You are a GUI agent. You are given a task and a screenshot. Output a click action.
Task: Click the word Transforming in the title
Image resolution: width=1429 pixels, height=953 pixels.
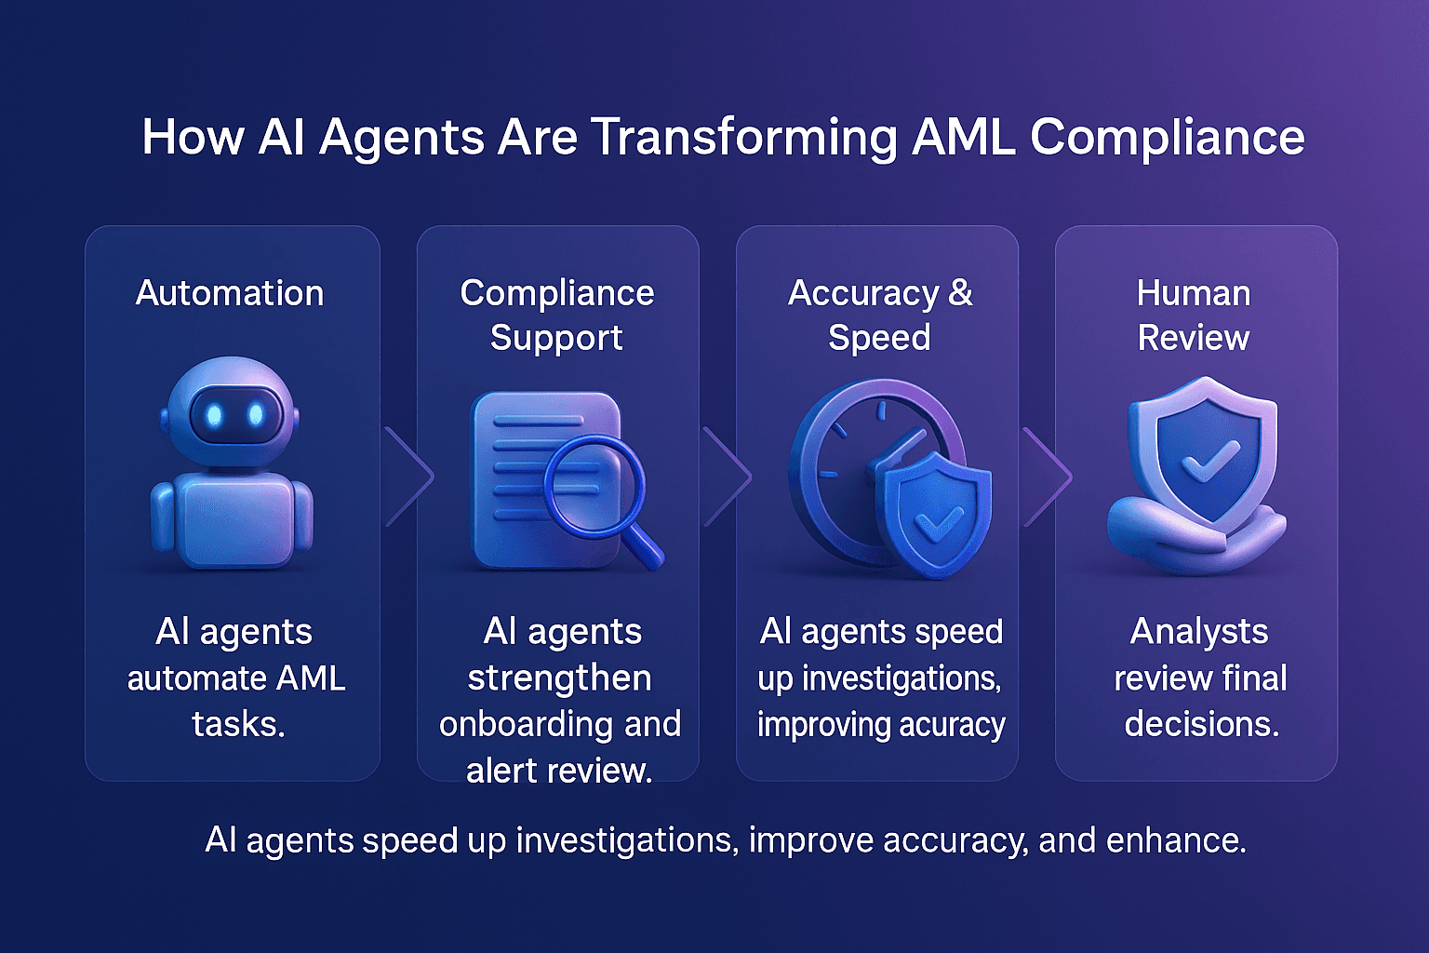(x=744, y=138)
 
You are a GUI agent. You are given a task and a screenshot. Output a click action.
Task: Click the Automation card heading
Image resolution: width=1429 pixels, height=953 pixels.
(x=230, y=293)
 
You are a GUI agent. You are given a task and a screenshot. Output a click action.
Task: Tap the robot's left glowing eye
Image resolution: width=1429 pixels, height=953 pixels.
(x=214, y=415)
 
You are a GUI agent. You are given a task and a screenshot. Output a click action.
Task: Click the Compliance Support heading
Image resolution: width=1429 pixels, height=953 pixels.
(x=556, y=315)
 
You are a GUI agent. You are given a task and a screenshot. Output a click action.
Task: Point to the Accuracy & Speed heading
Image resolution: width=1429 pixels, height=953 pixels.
(x=880, y=315)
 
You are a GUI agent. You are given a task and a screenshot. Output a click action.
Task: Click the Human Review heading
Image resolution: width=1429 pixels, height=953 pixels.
(x=1194, y=315)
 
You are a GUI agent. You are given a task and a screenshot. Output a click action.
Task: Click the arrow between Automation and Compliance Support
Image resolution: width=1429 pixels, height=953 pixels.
(x=409, y=476)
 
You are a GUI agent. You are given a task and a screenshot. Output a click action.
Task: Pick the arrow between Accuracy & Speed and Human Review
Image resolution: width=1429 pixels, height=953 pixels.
(x=1048, y=476)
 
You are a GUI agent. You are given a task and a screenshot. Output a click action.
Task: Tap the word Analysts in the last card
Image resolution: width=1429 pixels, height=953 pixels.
(x=1199, y=632)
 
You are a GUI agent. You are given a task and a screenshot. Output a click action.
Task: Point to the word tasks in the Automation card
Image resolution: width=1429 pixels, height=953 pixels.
(x=237, y=724)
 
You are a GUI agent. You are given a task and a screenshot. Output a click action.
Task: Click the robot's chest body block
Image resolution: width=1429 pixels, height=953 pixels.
(x=233, y=521)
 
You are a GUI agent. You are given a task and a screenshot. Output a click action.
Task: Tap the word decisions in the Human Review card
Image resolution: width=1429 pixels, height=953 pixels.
(x=1201, y=724)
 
